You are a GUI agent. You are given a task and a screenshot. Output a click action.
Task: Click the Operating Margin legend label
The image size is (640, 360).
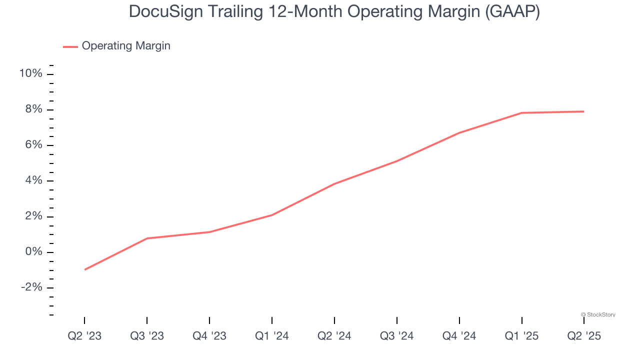click(x=126, y=46)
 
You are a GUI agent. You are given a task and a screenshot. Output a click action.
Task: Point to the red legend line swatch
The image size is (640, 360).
click(x=70, y=46)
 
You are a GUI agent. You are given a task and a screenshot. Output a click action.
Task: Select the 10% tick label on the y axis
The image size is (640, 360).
click(x=30, y=74)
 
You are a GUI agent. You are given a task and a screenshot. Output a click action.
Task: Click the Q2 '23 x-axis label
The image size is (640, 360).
click(x=84, y=336)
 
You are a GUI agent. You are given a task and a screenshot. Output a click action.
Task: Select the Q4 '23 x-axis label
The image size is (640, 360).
click(x=209, y=336)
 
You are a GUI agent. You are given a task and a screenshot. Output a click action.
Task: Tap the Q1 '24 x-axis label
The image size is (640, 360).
click(x=272, y=336)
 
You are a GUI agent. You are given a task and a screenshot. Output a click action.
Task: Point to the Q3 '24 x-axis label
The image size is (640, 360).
click(x=397, y=336)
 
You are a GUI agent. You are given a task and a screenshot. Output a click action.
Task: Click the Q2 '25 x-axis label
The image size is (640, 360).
click(x=584, y=336)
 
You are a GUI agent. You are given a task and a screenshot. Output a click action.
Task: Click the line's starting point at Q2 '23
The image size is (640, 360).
click(x=84, y=269)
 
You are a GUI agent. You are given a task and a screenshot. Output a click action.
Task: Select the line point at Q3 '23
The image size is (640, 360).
click(x=147, y=238)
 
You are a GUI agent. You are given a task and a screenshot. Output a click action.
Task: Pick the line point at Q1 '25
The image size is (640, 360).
click(x=522, y=113)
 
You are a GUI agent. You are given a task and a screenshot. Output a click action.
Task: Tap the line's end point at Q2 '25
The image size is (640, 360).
click(x=584, y=111)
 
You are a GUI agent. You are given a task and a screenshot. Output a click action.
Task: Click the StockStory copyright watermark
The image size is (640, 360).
click(x=598, y=314)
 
